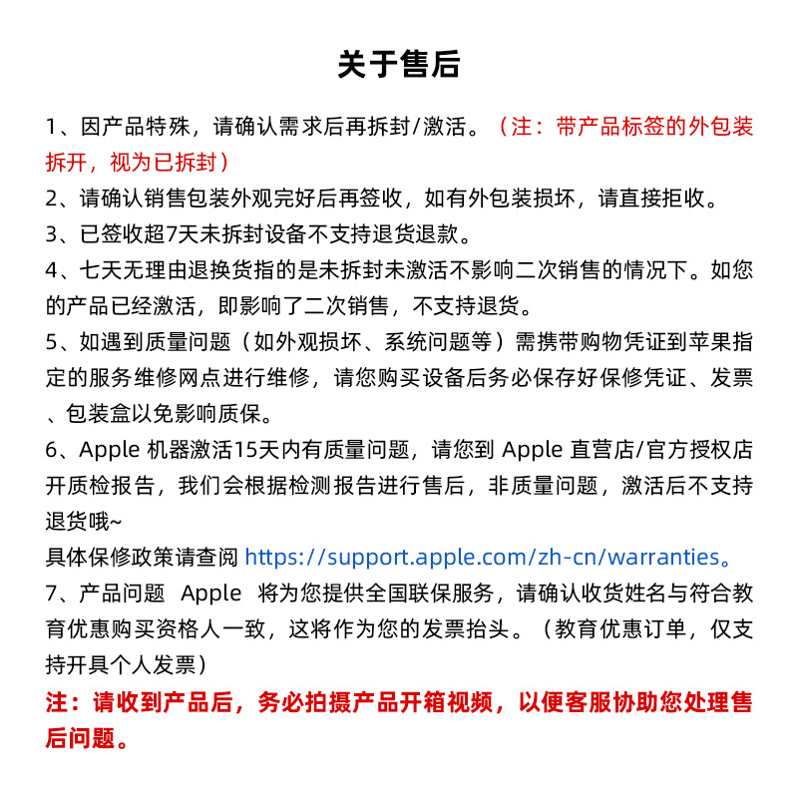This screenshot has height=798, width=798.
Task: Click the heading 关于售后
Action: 399,65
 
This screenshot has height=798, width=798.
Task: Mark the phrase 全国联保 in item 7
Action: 414,593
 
